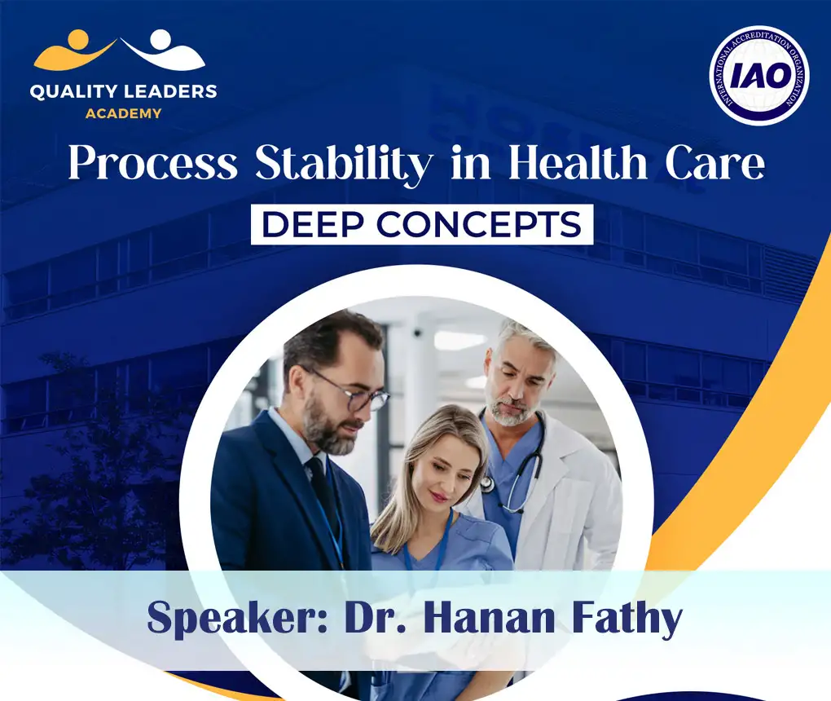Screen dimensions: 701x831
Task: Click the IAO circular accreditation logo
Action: (758, 75)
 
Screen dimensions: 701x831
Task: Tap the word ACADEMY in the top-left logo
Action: (123, 113)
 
